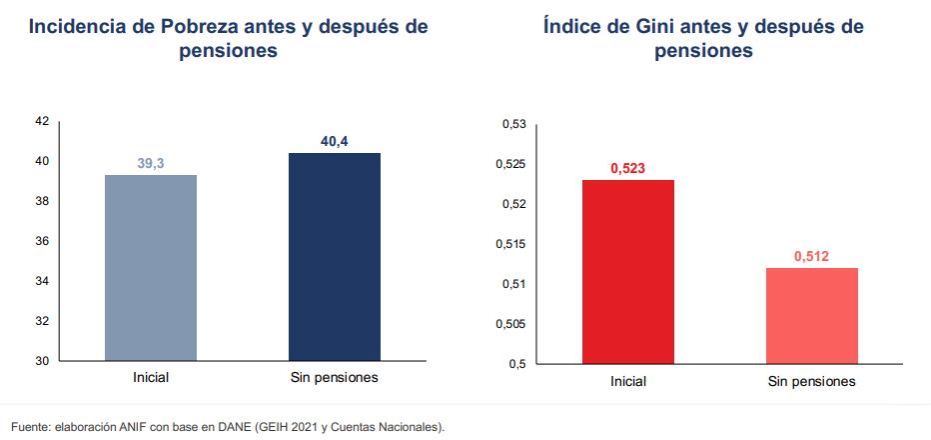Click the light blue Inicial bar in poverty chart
click(151, 267)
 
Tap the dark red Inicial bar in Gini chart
click(628, 271)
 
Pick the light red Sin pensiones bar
click(811, 315)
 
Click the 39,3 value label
click(151, 163)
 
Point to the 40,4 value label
click(334, 141)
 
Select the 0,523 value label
click(628, 168)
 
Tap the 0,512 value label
click(811, 256)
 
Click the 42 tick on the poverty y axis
click(41, 121)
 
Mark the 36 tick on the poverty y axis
click(41, 241)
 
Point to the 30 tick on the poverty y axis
click(41, 360)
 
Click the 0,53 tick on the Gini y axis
click(513, 124)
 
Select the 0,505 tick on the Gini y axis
click(510, 324)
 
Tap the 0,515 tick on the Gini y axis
click(510, 244)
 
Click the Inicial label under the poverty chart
click(151, 378)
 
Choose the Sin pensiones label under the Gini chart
click(811, 382)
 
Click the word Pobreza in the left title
click(194, 27)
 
